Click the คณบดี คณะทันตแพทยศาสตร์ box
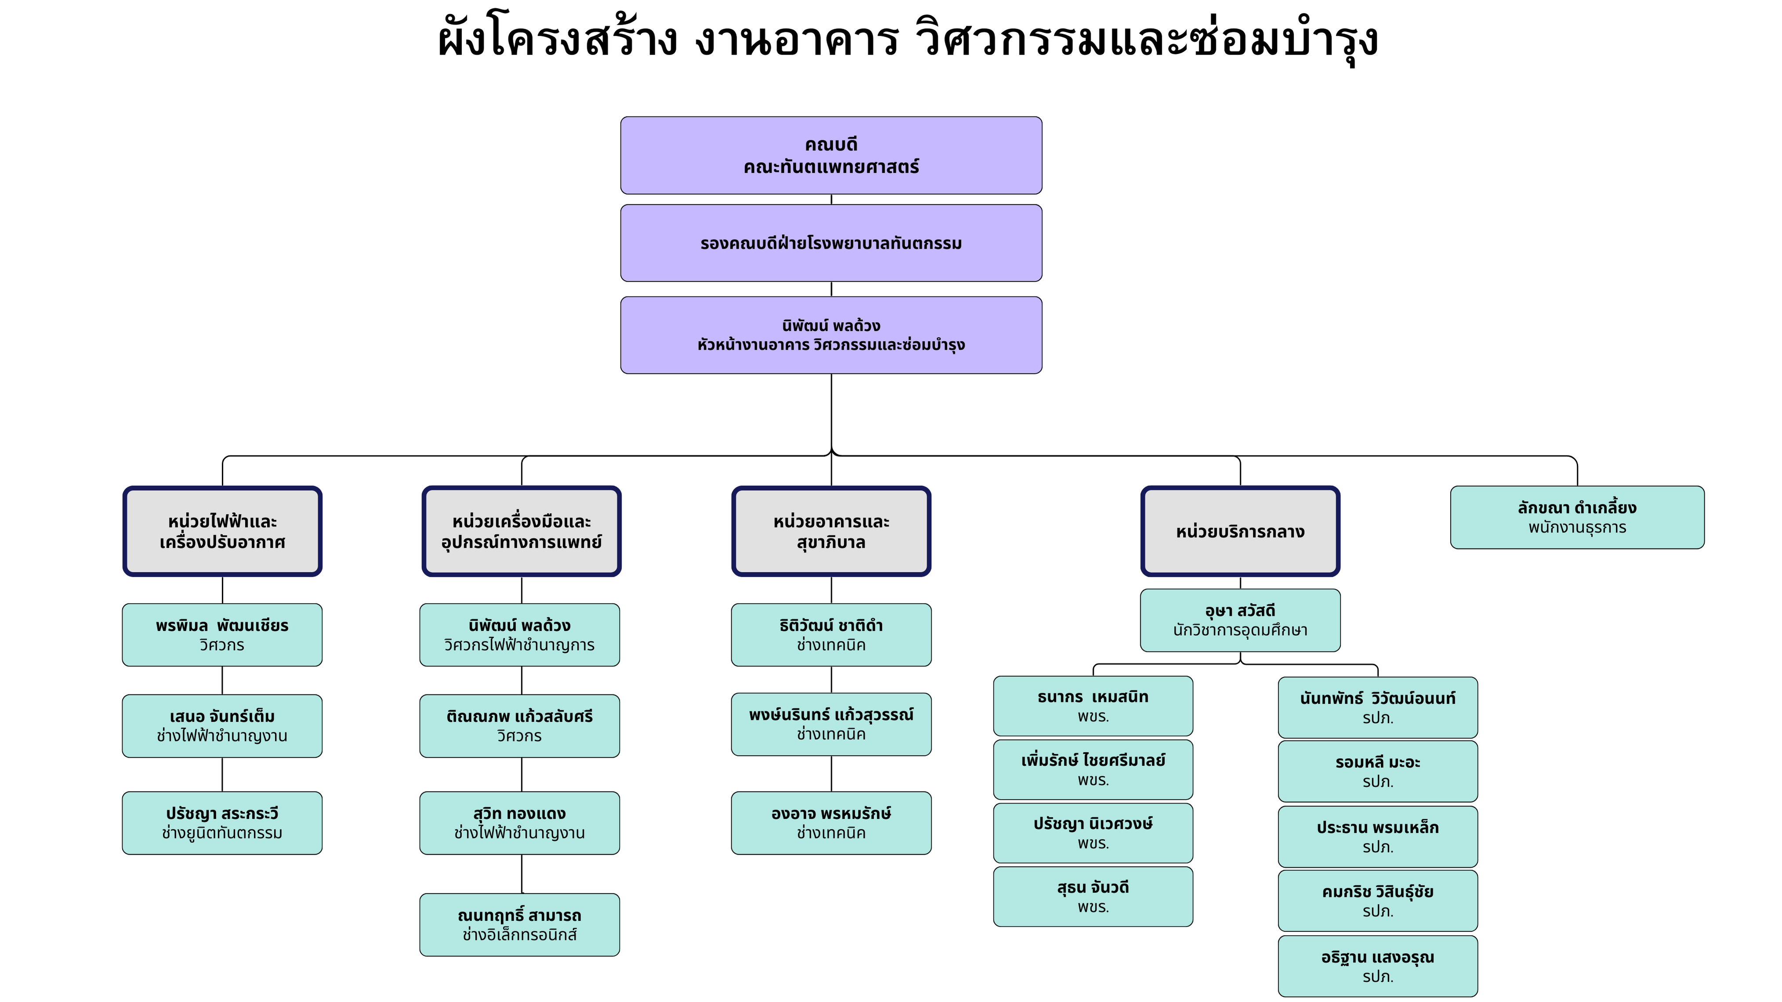(x=831, y=156)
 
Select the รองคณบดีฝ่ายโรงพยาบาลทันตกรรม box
(x=831, y=243)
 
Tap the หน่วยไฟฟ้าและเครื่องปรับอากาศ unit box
(x=222, y=531)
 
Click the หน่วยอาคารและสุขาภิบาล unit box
(x=831, y=531)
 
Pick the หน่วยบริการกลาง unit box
(x=1240, y=531)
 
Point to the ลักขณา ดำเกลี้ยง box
(x=1576, y=517)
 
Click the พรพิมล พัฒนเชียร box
(x=222, y=635)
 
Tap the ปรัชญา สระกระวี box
(x=222, y=823)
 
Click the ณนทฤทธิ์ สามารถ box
(x=519, y=925)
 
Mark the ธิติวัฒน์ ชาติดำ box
(x=831, y=635)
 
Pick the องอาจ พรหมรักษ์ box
(x=831, y=823)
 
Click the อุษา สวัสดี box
(x=1240, y=620)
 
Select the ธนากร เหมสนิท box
(x=1093, y=706)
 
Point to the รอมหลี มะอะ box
(x=1377, y=771)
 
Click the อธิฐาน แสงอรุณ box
(x=1377, y=966)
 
